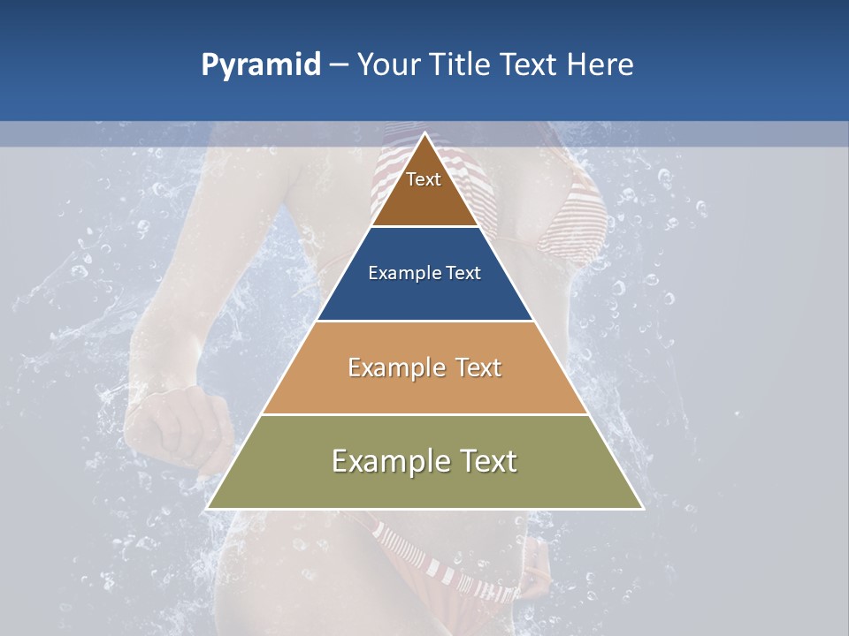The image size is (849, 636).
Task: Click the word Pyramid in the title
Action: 261,65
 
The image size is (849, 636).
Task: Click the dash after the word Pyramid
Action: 339,65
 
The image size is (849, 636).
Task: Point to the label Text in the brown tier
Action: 424,179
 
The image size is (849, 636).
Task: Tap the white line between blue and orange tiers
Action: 424,321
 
